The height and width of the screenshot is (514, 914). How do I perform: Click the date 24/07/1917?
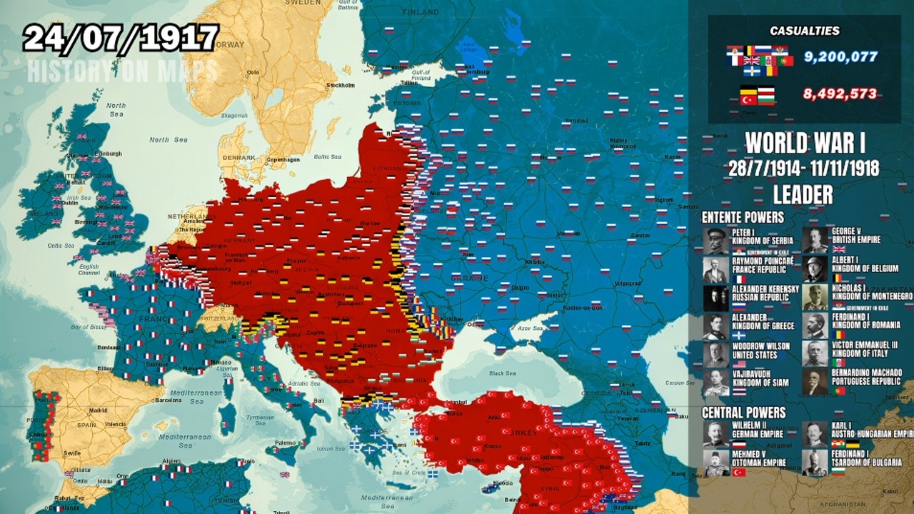click(120, 38)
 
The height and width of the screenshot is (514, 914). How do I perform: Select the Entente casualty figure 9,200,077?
click(840, 56)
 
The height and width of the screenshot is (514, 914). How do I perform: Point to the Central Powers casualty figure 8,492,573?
click(839, 94)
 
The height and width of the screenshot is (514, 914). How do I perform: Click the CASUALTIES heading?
click(804, 31)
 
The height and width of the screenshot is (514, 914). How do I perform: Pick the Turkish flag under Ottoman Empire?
click(738, 472)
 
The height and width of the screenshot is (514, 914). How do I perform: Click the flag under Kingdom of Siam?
click(738, 392)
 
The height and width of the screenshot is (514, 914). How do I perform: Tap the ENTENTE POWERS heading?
click(743, 217)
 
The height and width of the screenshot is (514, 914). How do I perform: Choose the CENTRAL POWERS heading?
click(743, 413)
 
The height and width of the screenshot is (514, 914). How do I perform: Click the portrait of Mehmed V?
click(715, 462)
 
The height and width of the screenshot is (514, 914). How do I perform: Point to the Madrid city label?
click(98, 410)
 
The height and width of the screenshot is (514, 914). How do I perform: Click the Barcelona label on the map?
click(168, 400)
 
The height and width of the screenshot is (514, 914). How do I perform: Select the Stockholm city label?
click(340, 85)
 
